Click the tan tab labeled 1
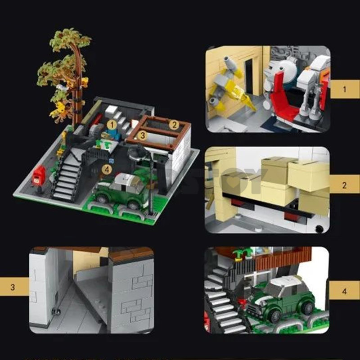pos(345,89)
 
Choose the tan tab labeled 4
pos(345,290)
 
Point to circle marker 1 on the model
pos(111,123)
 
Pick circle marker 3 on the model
pos(142,134)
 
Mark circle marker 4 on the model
pos(106,170)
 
